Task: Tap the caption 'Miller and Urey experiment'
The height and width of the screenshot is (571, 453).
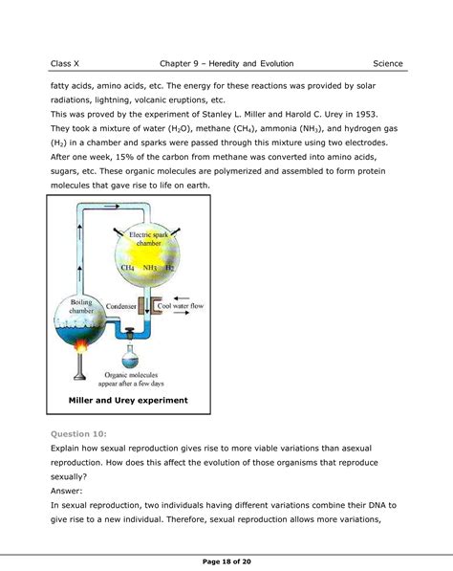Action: (x=127, y=400)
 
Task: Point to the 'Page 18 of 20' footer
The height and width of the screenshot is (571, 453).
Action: (x=226, y=560)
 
